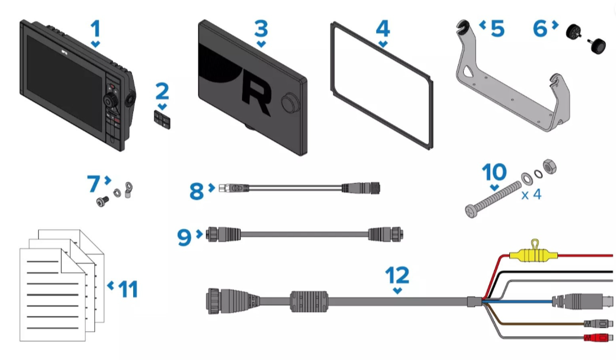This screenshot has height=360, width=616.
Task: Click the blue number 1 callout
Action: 95,29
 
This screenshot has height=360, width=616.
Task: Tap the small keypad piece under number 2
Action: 162,120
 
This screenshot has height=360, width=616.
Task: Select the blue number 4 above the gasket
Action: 383,29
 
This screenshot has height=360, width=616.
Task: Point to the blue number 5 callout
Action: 498,29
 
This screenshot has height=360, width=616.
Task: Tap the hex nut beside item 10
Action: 549,167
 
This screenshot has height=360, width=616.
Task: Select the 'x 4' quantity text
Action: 531,194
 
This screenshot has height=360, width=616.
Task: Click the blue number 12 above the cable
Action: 397,275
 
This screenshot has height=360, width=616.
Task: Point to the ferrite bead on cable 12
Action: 309,301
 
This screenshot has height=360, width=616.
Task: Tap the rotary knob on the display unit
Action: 111,100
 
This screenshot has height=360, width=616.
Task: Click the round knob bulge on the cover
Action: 291,103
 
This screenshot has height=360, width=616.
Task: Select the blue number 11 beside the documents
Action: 128,289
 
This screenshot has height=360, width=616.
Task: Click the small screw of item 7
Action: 103,201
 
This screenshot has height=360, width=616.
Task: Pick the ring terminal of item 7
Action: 128,189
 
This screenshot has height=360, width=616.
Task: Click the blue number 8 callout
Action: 196,191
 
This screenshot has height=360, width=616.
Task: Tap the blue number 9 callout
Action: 184,237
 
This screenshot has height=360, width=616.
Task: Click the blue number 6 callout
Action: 540,29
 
